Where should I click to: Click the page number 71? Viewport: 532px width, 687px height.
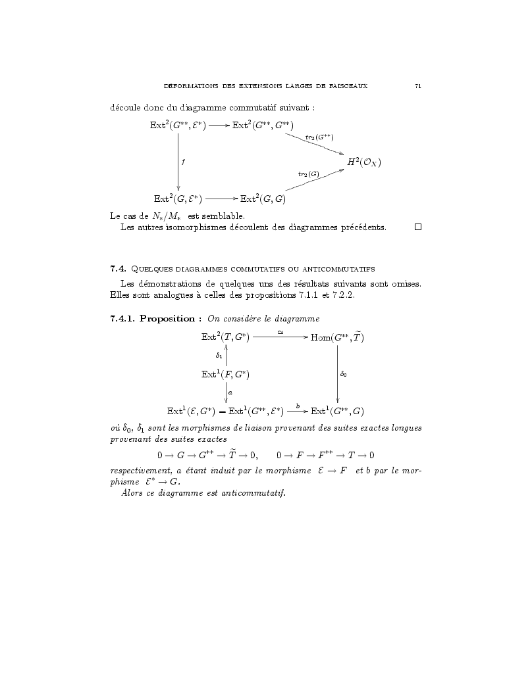click(418, 86)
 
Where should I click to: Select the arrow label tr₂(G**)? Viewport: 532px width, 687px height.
click(319, 137)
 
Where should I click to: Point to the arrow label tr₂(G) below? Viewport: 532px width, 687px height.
click(308, 174)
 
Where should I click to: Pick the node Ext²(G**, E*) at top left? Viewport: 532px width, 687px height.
click(178, 125)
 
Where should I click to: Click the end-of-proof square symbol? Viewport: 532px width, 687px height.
click(417, 227)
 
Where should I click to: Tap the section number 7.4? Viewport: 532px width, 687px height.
click(118, 268)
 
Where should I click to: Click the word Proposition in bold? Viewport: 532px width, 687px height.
click(171, 319)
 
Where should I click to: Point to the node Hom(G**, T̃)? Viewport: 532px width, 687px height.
click(337, 337)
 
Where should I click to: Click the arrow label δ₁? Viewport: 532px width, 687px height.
click(219, 356)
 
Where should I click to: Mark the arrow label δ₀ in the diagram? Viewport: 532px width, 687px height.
click(344, 375)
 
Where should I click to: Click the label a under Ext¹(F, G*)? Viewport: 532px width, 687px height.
click(230, 392)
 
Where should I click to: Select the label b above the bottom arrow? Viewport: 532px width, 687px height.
click(298, 406)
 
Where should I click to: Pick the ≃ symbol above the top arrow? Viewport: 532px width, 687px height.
click(280, 332)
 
